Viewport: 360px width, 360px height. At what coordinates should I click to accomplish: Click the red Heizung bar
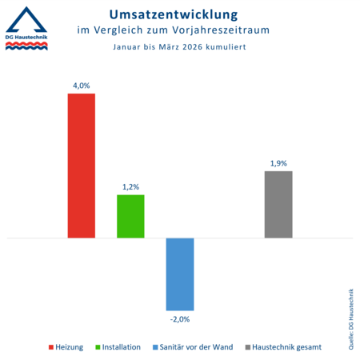point(81,166)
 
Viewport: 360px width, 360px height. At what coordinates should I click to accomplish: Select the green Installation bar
point(130,216)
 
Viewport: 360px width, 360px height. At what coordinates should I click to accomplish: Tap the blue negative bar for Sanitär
point(180,274)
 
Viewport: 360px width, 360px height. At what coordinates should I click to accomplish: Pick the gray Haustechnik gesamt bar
point(278,204)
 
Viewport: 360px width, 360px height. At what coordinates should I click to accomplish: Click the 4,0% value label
point(81,83)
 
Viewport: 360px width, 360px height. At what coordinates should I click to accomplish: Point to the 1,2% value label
point(130,186)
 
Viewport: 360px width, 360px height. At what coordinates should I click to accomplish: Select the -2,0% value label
point(180,319)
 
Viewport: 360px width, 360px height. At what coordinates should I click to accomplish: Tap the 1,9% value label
point(278,162)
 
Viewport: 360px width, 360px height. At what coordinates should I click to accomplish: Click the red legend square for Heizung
point(52,347)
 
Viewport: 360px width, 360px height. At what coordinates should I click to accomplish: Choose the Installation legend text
point(121,347)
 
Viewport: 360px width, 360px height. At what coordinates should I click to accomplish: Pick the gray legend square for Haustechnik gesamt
point(247,347)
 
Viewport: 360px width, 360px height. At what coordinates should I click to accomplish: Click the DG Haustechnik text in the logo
point(27,38)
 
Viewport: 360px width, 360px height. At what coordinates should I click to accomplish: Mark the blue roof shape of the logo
point(26,18)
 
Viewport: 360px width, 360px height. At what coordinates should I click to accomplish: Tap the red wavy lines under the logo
point(26,46)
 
